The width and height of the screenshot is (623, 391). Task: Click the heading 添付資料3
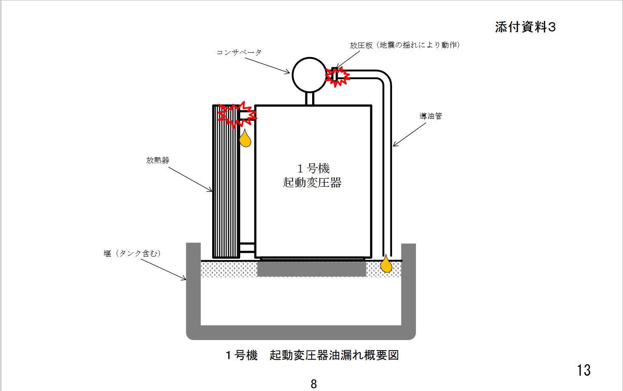tap(525, 27)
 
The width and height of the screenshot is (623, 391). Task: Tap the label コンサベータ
tap(239, 52)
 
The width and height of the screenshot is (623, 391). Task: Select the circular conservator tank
tap(310, 75)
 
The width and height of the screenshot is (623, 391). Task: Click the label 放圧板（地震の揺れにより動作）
tap(405, 45)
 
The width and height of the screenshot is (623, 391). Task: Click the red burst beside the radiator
tap(237, 114)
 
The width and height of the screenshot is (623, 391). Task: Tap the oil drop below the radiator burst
tap(245, 139)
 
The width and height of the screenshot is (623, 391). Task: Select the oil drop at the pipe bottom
tap(386, 264)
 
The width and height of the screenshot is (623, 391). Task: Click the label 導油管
tap(430, 116)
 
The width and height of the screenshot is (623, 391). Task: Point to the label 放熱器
tap(158, 160)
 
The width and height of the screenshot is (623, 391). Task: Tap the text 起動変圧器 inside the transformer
tap(313, 183)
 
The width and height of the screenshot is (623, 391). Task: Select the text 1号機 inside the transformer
tap(313, 168)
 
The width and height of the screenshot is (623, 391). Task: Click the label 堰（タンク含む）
tap(132, 254)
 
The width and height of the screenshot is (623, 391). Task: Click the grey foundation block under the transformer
tap(312, 269)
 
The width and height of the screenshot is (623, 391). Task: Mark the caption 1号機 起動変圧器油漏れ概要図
tap(312, 355)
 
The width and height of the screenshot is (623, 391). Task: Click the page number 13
tap(583, 370)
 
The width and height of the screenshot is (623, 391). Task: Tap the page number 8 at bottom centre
tap(314, 384)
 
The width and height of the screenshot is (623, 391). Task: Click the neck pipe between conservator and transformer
tap(310, 99)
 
